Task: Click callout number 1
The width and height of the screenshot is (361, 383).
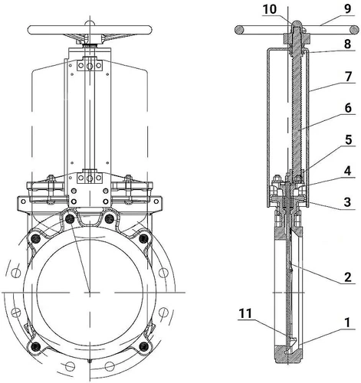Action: click(x=347, y=322)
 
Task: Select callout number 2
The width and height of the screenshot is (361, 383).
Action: click(x=348, y=277)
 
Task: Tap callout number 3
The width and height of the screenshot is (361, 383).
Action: click(x=347, y=202)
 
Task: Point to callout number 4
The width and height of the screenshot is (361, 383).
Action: click(x=347, y=171)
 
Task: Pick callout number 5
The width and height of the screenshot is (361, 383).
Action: click(x=348, y=139)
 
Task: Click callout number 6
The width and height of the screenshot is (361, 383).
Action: click(x=348, y=108)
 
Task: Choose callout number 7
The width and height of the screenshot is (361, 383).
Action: click(x=348, y=77)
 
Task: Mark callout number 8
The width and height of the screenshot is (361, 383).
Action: click(x=348, y=44)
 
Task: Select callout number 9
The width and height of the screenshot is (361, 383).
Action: click(x=348, y=9)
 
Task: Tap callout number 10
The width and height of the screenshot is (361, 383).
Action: click(x=270, y=9)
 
